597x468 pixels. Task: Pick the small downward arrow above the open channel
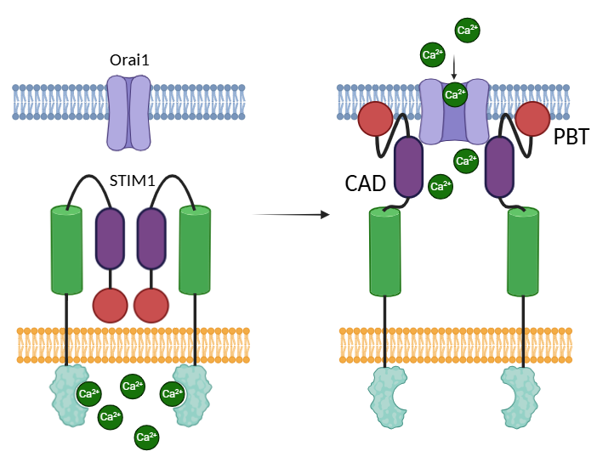tap(455, 66)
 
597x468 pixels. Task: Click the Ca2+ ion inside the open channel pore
tap(456, 93)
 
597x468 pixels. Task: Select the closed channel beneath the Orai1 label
tap(128, 112)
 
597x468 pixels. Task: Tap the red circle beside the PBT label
tap(533, 119)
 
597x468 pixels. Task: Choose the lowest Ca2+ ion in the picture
tap(147, 438)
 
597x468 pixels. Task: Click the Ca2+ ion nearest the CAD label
tap(441, 186)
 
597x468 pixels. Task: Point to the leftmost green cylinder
tap(66, 249)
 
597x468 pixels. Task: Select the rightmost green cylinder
tap(523, 252)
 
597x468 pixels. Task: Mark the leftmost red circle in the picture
tap(111, 305)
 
